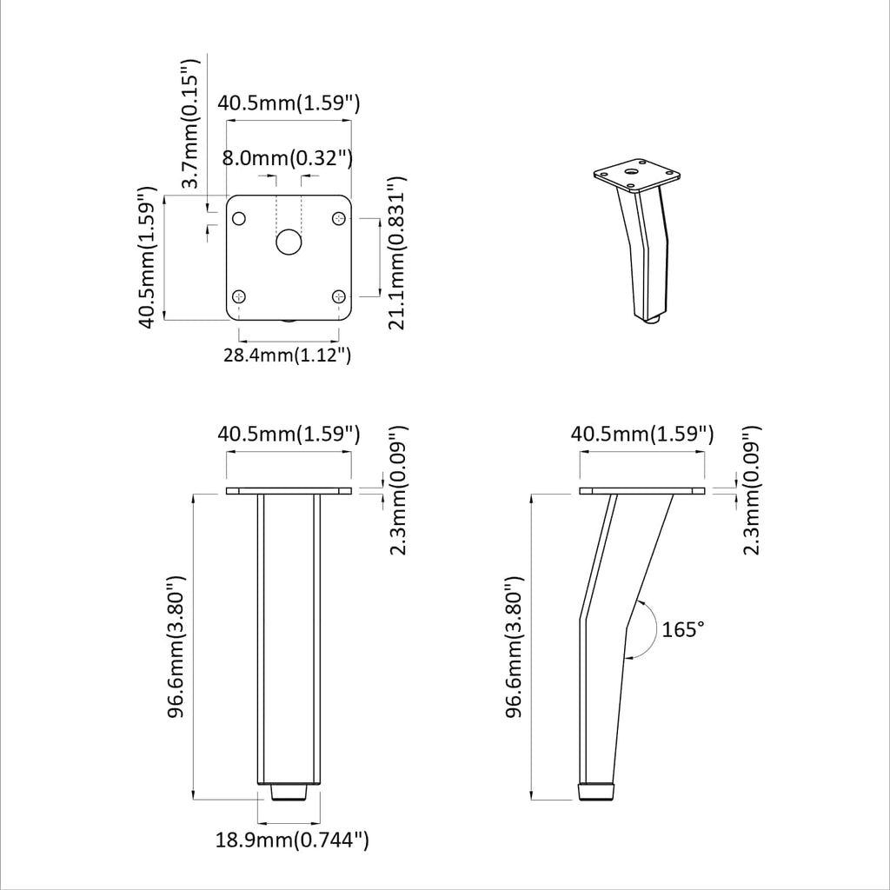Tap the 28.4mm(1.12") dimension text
[287, 355]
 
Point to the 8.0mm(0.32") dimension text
[287, 158]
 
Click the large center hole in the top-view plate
[289, 243]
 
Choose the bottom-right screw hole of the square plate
[339, 297]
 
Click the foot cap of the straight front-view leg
[289, 792]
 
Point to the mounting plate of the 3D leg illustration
[634, 176]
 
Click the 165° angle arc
[645, 628]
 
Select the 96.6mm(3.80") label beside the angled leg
[516, 647]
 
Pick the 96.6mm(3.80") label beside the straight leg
[176, 647]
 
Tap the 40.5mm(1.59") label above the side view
[642, 434]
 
